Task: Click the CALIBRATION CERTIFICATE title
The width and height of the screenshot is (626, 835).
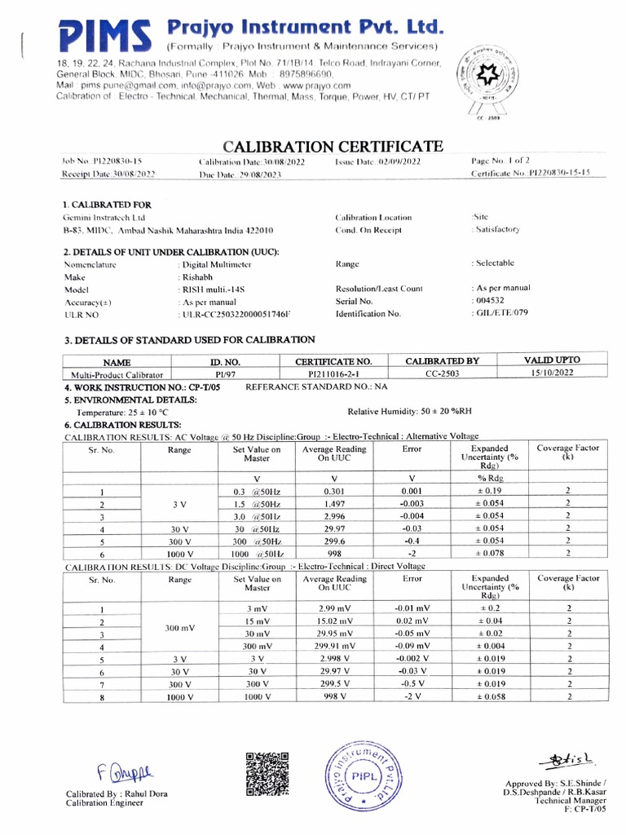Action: pos(333,147)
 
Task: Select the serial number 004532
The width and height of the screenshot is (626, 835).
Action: pos(489,301)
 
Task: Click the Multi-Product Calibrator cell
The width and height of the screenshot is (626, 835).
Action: pos(112,374)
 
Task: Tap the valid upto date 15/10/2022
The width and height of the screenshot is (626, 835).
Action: pos(553,373)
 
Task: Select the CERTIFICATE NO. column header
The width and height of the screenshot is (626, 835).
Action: pos(333,360)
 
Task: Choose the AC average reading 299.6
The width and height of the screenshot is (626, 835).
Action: pos(334,541)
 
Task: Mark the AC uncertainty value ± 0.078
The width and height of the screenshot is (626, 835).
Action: pos(490,554)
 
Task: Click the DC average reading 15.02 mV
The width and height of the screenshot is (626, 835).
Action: pos(334,621)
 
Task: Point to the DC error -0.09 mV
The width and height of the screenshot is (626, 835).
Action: pos(412,646)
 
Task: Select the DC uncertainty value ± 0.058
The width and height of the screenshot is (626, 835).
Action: pos(490,697)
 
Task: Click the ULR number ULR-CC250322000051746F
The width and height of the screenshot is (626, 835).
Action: pos(236,314)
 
